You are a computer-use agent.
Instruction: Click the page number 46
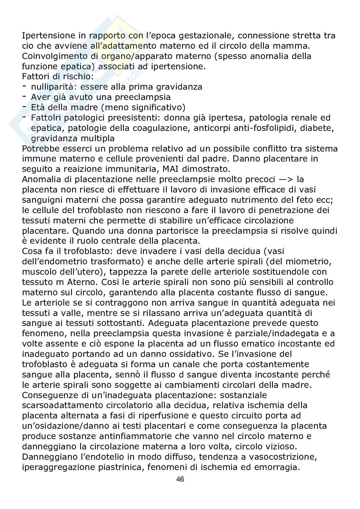(180, 479)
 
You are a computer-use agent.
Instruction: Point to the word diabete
(317, 128)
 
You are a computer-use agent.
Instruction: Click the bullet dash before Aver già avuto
(25, 96)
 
